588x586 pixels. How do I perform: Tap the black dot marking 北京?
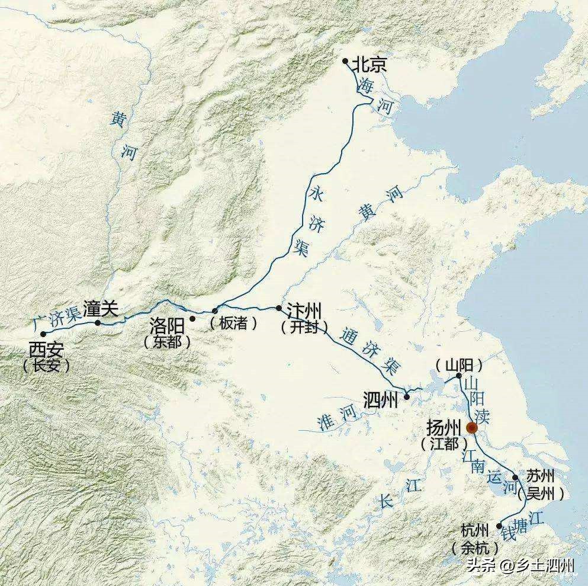click(x=345, y=60)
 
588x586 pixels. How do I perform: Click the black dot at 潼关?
click(x=98, y=323)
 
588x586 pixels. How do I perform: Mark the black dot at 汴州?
click(x=279, y=308)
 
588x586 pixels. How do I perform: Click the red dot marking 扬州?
click(x=472, y=428)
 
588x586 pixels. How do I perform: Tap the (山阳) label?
click(x=458, y=364)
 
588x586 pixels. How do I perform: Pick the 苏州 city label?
click(x=539, y=478)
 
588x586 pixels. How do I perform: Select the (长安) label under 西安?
click(x=46, y=366)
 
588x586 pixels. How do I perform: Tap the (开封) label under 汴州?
click(x=304, y=326)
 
